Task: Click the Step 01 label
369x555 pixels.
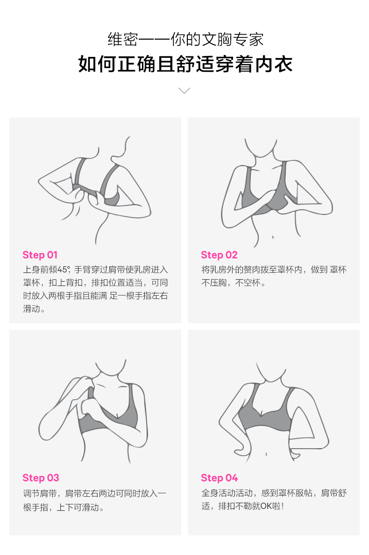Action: click(x=40, y=255)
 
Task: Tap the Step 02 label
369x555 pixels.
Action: click(x=219, y=255)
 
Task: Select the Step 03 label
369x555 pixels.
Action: click(x=41, y=478)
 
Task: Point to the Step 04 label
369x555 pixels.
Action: click(x=219, y=478)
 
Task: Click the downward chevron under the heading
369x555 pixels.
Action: click(x=184, y=90)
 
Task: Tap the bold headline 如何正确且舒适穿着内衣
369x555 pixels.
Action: click(x=184, y=64)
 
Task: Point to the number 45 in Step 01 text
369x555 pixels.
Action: click(x=62, y=270)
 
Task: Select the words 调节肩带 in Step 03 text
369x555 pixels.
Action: click(x=40, y=493)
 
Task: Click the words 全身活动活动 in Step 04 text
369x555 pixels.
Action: click(x=227, y=493)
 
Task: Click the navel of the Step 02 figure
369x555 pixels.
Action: click(x=273, y=237)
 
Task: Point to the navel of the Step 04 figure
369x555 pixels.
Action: click(x=267, y=454)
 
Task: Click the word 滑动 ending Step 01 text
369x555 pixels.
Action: click(x=32, y=309)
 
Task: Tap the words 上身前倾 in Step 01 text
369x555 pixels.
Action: click(x=40, y=270)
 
